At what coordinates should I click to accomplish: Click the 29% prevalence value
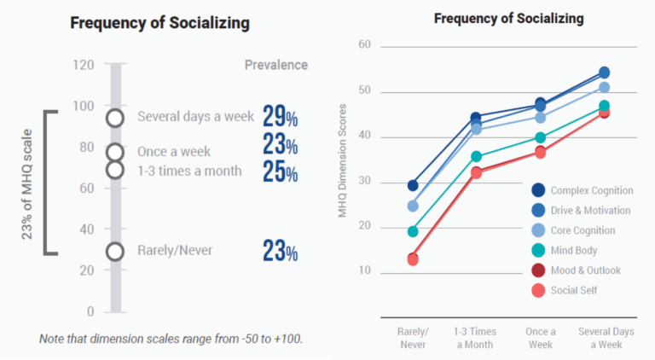pos(280,116)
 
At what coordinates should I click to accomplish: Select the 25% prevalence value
pos(280,172)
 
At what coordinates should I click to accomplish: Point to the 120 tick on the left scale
pos(83,65)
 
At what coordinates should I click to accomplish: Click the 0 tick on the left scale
pos(90,311)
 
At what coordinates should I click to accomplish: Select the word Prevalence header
pos(276,65)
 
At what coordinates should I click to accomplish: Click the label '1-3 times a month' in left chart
pos(189,171)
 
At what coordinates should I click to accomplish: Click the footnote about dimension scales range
pos(171,339)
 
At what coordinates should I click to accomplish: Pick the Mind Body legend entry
pos(572,250)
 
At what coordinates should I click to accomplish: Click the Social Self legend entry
pos(572,290)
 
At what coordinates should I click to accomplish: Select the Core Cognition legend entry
pos(582,230)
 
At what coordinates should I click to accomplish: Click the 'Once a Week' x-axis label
pos(541,338)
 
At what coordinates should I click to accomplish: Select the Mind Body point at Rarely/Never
pos(413,231)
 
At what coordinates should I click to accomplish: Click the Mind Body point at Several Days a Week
pos(604,107)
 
